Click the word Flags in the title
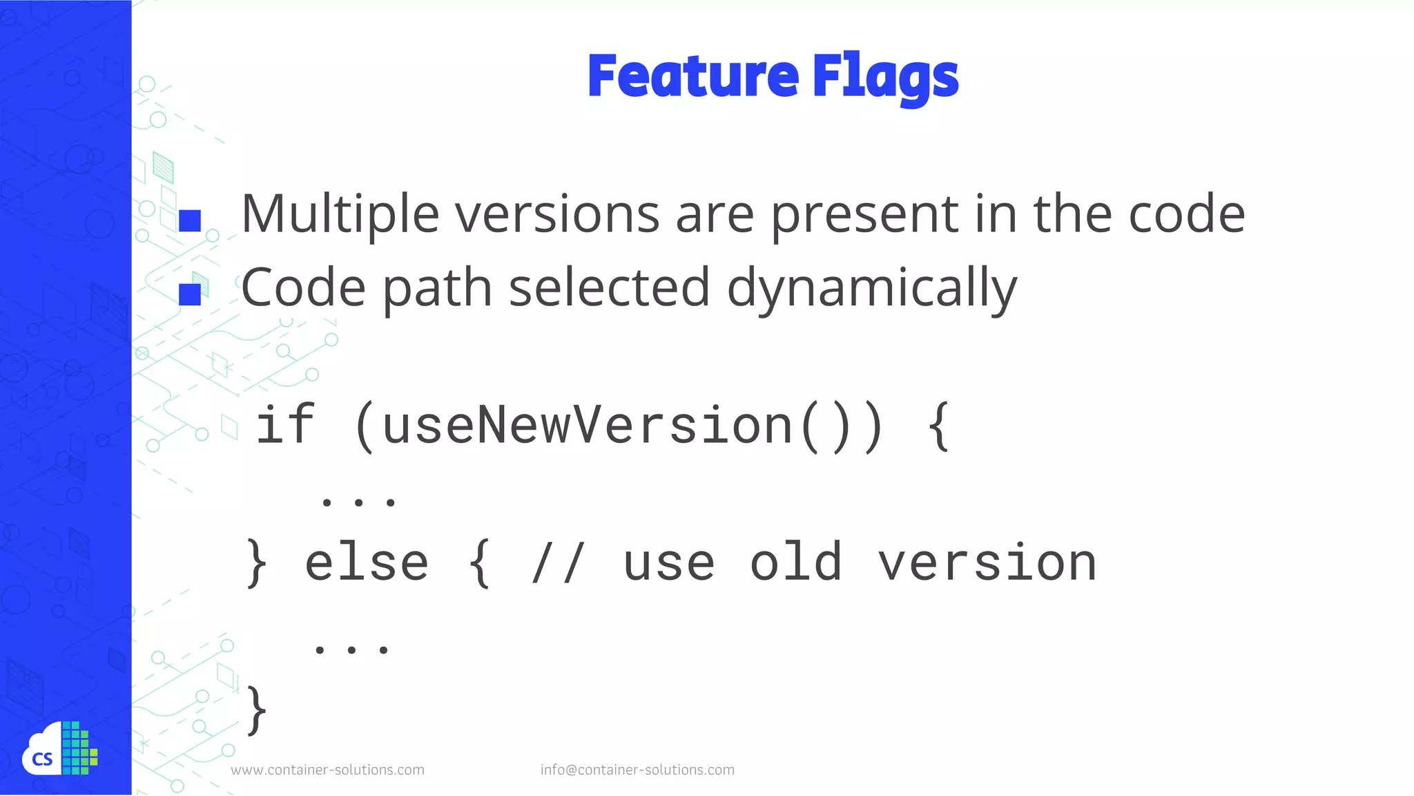(886, 77)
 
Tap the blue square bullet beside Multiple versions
(189, 220)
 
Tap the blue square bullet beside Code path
(189, 294)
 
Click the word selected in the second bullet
(609, 287)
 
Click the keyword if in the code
(285, 425)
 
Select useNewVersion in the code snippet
(587, 426)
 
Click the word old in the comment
(795, 562)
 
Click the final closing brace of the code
(256, 710)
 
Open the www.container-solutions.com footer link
(327, 770)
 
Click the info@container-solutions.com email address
(637, 770)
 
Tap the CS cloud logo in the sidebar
(59, 749)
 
